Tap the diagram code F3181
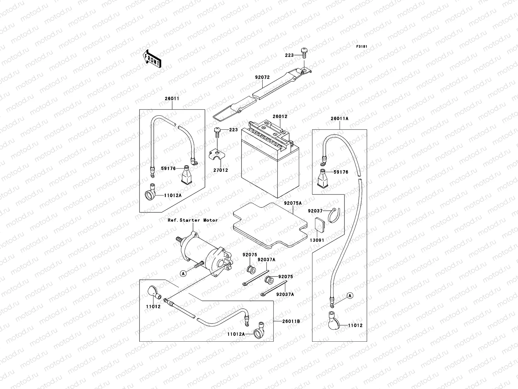pos(362,47)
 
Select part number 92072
pos(262,77)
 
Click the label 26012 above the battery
pos(280,116)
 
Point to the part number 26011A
pos(339,119)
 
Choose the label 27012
pos(220,170)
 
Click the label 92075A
pos(293,203)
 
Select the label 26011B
pos(290,321)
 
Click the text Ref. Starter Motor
pos(193,220)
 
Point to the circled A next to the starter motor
pos(184,274)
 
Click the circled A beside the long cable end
pos(350,295)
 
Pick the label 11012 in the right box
pos(355,325)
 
